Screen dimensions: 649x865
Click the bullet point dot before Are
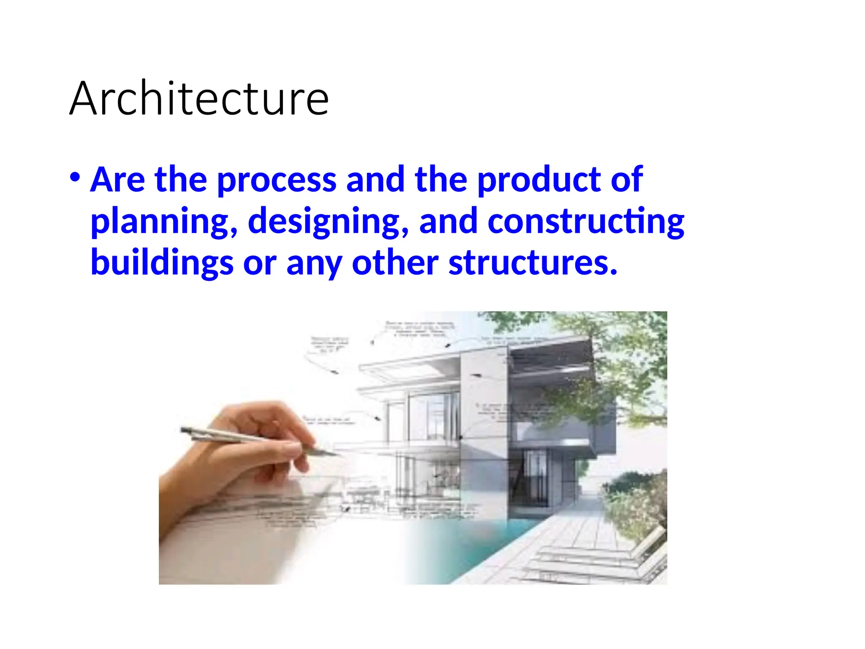tap(75, 177)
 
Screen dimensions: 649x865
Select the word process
tap(277, 180)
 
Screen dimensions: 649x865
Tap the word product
tap(539, 179)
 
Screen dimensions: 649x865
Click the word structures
tap(533, 263)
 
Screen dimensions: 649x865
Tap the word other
tap(395, 263)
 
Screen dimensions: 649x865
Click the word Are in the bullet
tap(118, 179)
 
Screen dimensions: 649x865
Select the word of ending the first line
tap(627, 179)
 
